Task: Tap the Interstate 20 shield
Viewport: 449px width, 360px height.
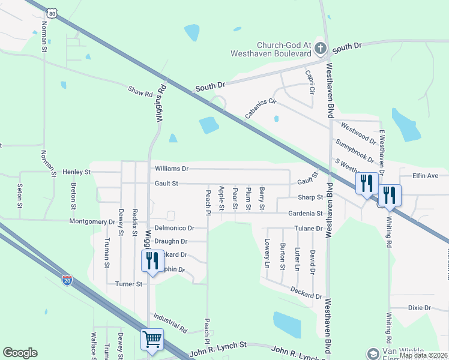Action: (67, 280)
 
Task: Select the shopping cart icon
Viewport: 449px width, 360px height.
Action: (152, 339)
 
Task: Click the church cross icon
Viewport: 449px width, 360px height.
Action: (321, 48)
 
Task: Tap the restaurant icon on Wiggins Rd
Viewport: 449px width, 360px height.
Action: (152, 261)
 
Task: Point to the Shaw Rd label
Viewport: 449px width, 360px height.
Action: (140, 92)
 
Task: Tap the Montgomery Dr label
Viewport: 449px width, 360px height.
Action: (92, 221)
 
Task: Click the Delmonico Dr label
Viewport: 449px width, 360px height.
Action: (174, 228)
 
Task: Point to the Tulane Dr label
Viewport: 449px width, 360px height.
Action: (308, 229)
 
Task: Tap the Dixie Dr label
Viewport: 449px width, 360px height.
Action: (420, 308)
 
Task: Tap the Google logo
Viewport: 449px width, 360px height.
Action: (20, 353)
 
